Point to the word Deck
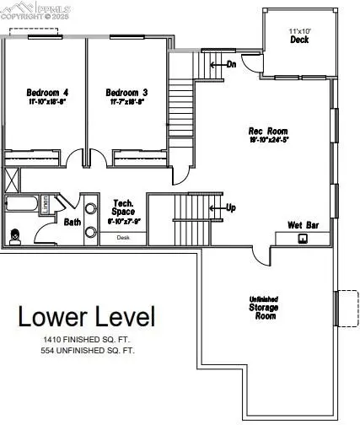pos(300,39)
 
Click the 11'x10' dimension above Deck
pos(300,30)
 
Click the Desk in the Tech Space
pos(123,238)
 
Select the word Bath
pos(73,223)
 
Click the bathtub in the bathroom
pos(21,204)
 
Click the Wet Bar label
pos(301,225)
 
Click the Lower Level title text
pos(88,317)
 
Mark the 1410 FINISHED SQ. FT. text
pos(89,339)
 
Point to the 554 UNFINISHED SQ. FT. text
pos(89,349)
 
